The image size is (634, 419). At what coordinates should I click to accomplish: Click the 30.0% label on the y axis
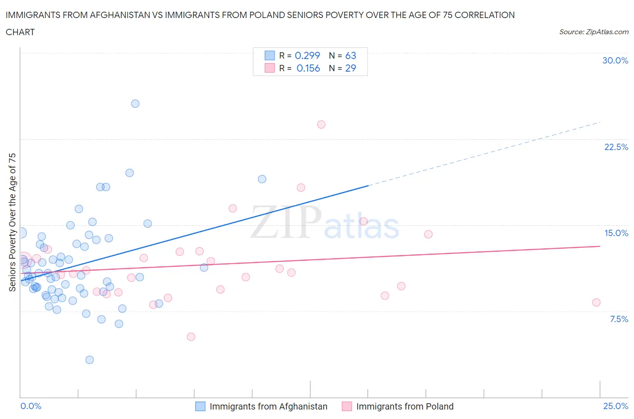[615, 60]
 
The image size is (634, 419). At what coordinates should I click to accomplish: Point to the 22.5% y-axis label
[616, 147]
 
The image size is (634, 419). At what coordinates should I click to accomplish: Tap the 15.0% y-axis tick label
[616, 233]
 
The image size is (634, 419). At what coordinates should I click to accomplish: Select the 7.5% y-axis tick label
[619, 319]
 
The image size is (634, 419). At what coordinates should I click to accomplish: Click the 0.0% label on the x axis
[31, 406]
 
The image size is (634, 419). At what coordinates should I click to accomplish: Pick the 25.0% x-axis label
[616, 406]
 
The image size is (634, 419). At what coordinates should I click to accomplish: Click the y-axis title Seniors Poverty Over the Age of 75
[12, 222]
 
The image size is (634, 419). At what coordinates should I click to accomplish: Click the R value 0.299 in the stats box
[307, 55]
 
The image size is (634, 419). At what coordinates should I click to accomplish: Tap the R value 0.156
[308, 68]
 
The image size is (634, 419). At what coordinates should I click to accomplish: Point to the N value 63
[350, 55]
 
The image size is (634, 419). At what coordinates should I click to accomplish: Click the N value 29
[350, 68]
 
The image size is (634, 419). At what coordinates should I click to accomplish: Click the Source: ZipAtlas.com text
[593, 32]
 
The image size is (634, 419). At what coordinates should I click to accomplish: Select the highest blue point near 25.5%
[135, 104]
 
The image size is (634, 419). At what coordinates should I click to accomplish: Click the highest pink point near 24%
[321, 124]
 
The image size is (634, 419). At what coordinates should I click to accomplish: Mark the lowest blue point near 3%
[90, 360]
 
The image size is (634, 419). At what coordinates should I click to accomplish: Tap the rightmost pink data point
[596, 302]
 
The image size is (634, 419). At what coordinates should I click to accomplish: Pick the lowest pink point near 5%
[191, 337]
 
